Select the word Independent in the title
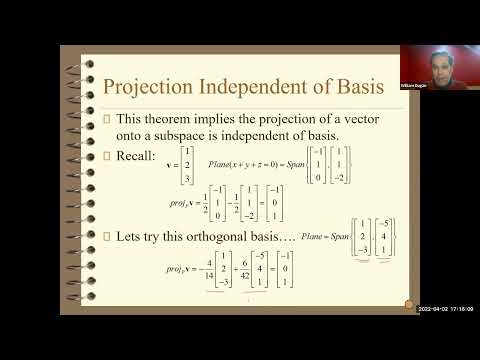pos(268,87)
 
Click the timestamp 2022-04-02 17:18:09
pos(446,308)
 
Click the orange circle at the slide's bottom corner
pos(406,303)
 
